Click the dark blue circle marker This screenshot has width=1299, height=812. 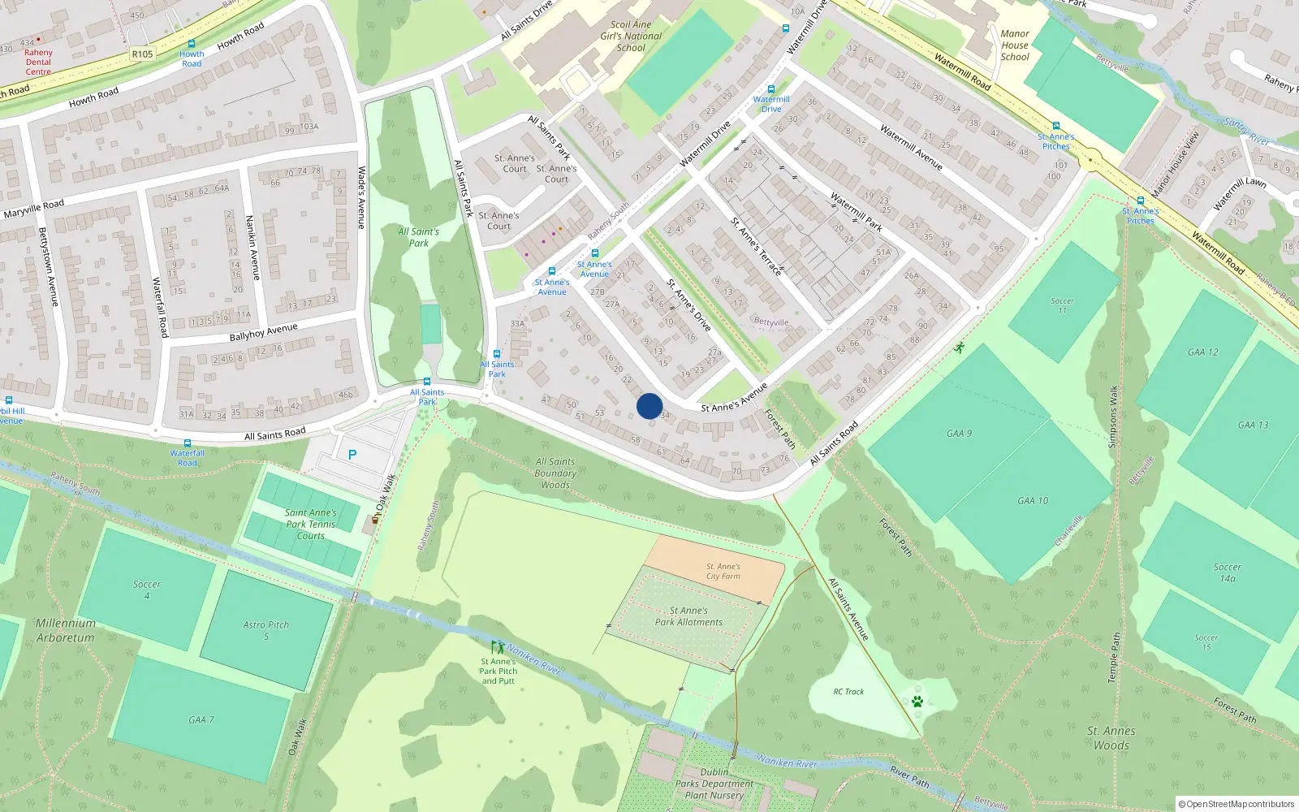[x=649, y=406]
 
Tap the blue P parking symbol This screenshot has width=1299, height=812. [x=352, y=455]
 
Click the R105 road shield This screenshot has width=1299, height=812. [x=142, y=54]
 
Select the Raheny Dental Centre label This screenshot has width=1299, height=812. [x=38, y=62]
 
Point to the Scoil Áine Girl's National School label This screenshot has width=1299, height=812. [x=631, y=37]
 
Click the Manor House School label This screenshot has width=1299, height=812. [x=1015, y=45]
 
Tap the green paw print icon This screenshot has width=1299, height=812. [x=917, y=701]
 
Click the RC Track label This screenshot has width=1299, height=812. [x=848, y=692]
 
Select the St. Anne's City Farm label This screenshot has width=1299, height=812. [x=723, y=572]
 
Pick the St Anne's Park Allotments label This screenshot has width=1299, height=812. [x=688, y=616]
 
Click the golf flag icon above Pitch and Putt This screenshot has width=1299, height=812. [x=497, y=648]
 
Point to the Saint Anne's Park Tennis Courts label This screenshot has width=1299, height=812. [x=310, y=524]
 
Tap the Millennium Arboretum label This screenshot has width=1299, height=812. [x=66, y=630]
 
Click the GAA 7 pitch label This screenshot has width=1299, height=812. [x=201, y=719]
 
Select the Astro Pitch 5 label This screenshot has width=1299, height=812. [x=265, y=630]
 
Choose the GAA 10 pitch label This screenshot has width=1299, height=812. [x=1033, y=501]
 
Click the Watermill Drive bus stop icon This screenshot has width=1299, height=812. [x=771, y=89]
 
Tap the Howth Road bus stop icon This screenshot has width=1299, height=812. [x=192, y=44]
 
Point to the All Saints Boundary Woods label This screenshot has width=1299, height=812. [x=555, y=473]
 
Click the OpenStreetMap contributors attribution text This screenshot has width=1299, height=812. [x=1236, y=804]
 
